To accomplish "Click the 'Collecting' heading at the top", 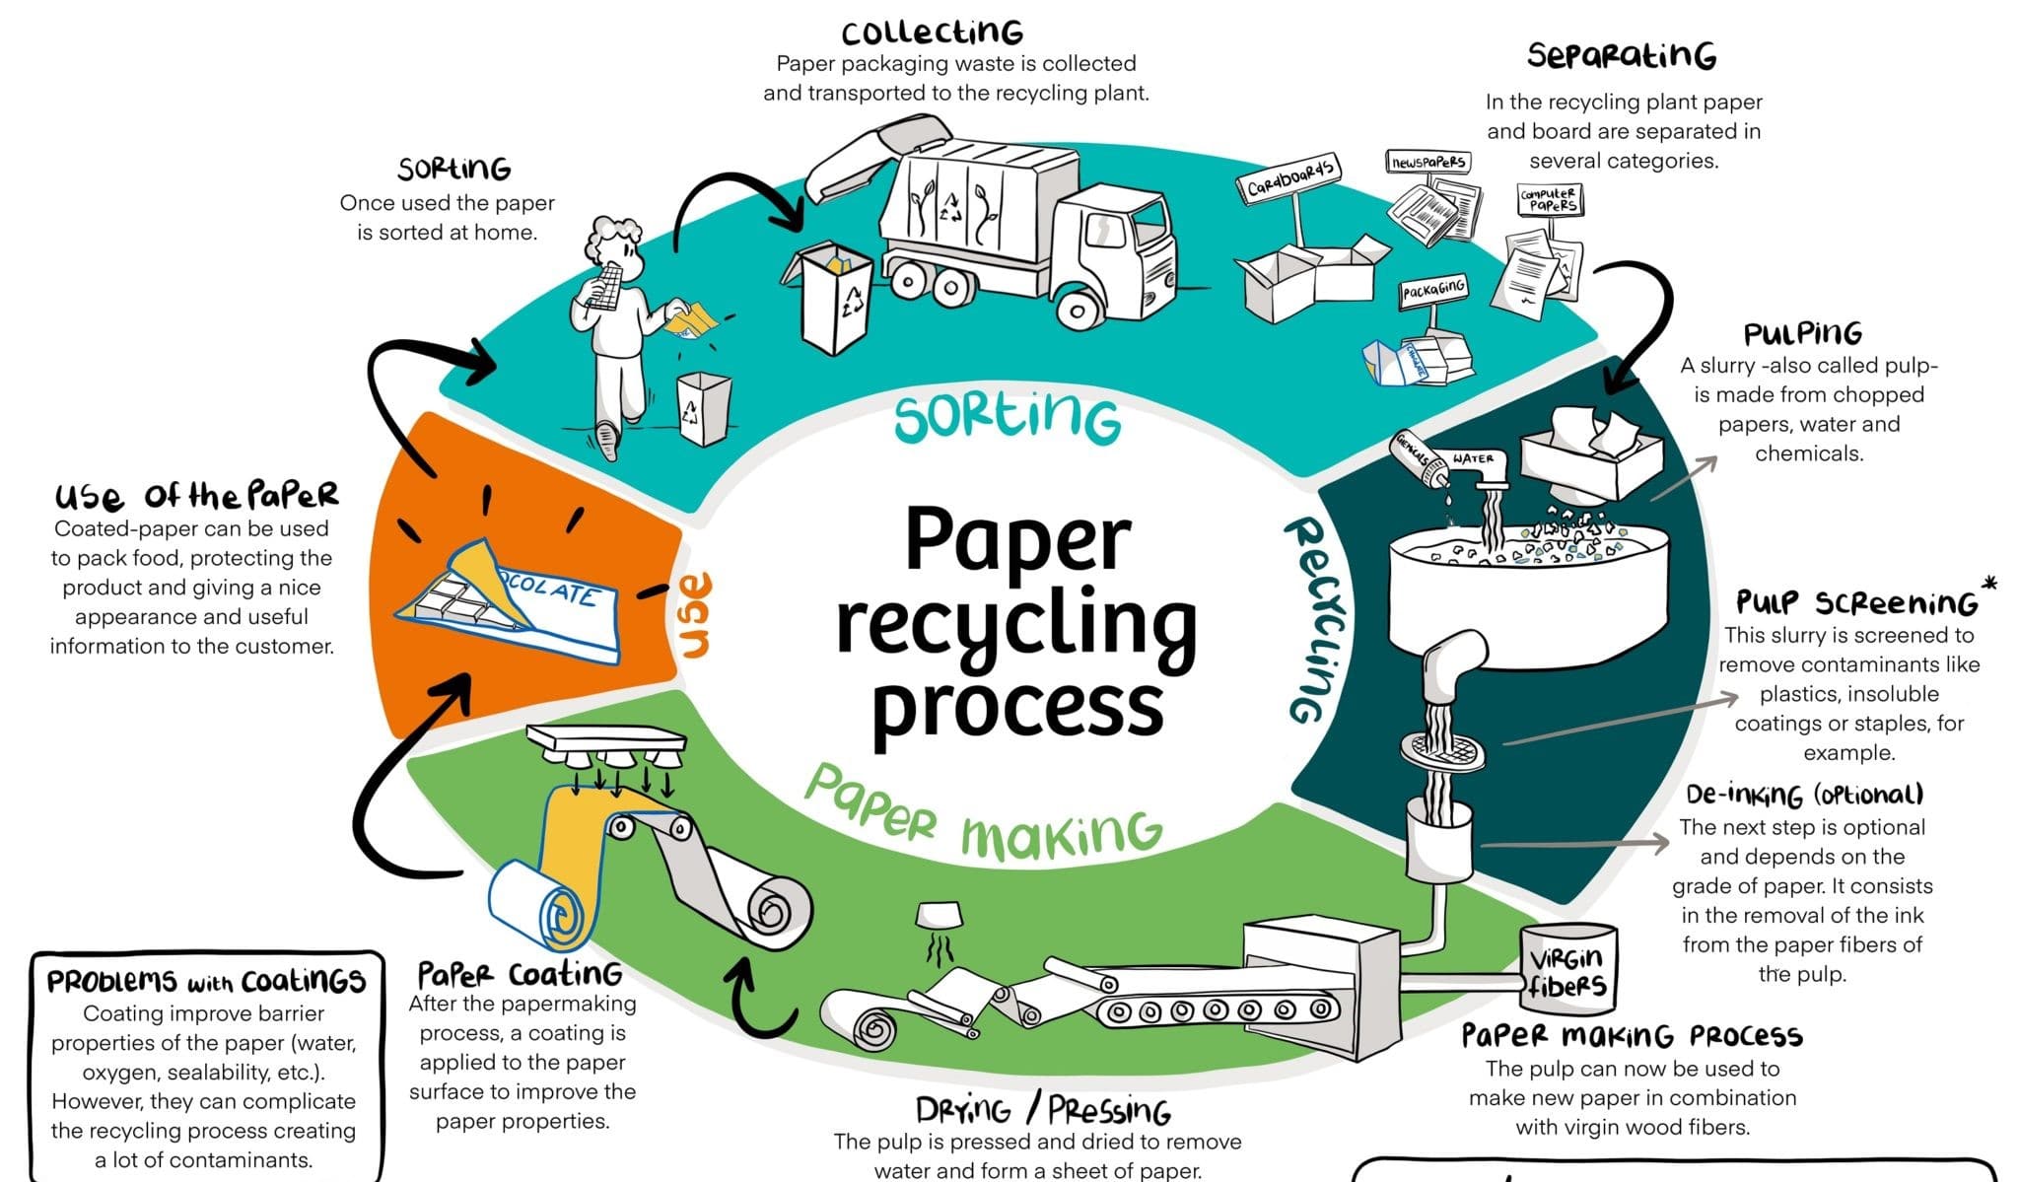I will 932,33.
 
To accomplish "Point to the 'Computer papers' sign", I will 1549,200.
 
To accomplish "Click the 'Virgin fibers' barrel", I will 1567,970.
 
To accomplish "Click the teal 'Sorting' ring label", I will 1007,418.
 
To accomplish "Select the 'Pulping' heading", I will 1802,334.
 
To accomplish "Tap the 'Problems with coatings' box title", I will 206,981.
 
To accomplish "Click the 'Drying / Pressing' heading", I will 1042,1111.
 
